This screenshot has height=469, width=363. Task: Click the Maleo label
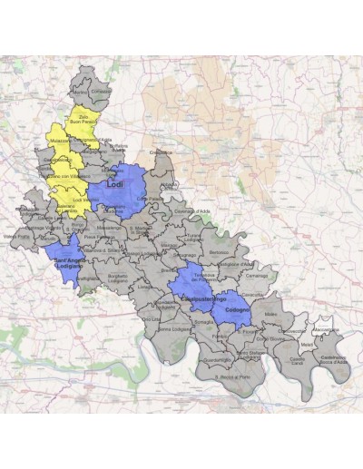(x=270, y=314)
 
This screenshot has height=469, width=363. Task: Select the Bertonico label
(x=219, y=251)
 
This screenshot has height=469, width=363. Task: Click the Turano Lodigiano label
(x=191, y=237)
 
